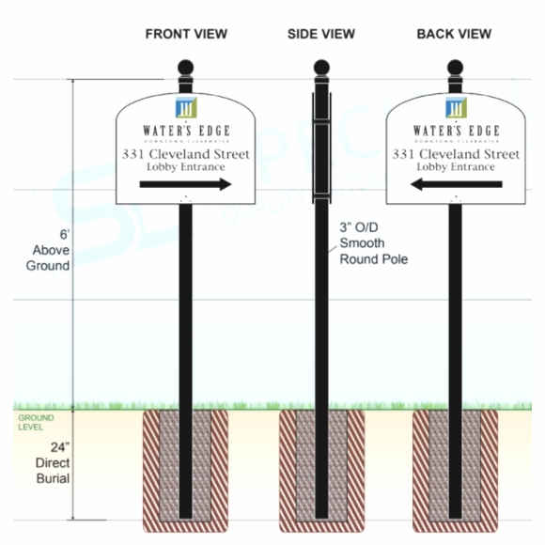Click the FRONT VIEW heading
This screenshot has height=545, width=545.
click(186, 34)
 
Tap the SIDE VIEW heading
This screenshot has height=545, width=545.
click(321, 34)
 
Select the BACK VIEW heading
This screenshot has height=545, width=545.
click(455, 34)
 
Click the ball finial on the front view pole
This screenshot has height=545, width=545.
click(186, 70)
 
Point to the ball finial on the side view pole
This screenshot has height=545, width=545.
click(320, 70)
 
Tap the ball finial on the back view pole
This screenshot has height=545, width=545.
click(456, 70)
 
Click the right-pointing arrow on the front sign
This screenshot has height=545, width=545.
click(186, 185)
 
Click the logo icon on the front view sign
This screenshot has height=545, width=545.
click(186, 106)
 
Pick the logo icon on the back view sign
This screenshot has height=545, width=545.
click(456, 106)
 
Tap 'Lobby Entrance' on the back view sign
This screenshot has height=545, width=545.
click(456, 167)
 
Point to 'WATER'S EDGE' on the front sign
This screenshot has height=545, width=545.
click(186, 130)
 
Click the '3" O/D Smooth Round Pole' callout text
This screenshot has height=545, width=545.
click(373, 243)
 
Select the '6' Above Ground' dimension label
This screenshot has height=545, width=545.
click(51, 250)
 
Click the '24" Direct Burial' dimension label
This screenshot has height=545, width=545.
click(52, 463)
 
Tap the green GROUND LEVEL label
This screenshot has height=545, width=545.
click(36, 421)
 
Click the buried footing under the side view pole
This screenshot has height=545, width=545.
click(320, 465)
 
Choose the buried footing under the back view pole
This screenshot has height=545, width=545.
click(456, 465)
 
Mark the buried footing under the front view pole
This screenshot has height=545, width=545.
click(186, 465)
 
